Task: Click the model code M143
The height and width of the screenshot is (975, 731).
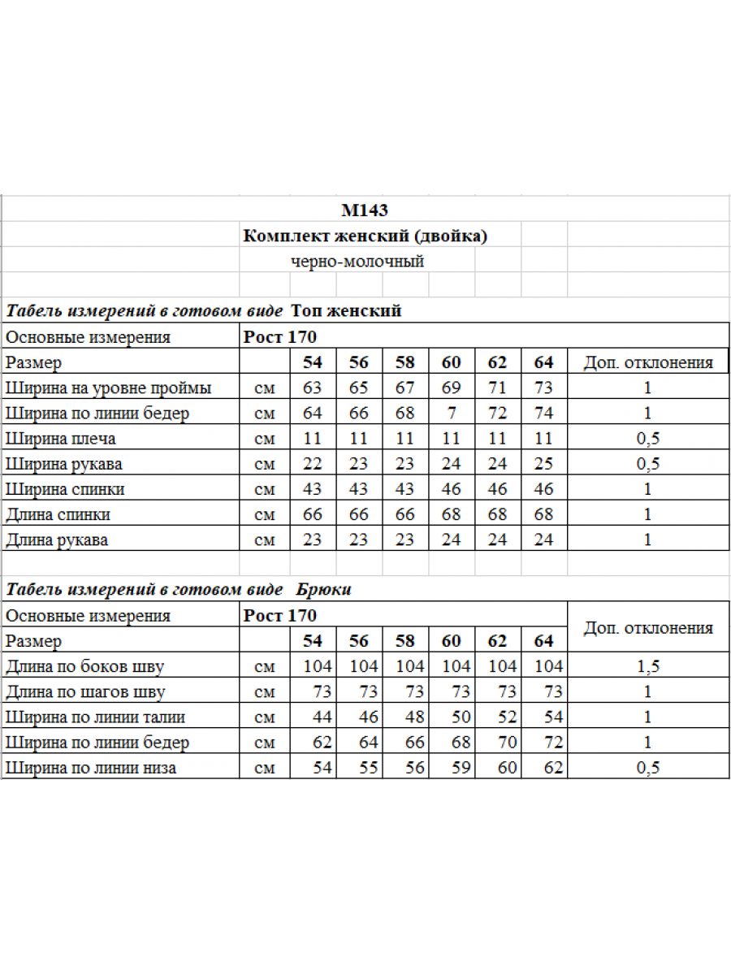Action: (x=365, y=211)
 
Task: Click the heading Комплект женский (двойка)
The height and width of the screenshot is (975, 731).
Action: (x=365, y=236)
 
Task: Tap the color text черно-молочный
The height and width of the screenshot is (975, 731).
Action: (x=357, y=262)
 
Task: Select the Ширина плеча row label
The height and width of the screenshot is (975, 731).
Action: (x=61, y=439)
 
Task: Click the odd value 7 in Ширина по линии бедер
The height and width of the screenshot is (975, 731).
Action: (x=452, y=414)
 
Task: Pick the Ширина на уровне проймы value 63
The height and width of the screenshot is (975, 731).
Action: (x=313, y=388)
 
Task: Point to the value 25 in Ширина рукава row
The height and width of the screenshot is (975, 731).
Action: (x=544, y=464)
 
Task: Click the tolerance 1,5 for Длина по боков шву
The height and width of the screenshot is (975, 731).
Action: (x=647, y=667)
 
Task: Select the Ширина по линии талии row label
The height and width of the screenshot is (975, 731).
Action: (x=95, y=717)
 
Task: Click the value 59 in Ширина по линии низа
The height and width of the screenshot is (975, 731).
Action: (x=461, y=768)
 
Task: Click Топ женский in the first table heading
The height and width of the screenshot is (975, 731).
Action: (x=346, y=311)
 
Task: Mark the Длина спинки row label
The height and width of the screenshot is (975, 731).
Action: (x=58, y=514)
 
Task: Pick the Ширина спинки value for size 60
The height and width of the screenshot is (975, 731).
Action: (x=452, y=489)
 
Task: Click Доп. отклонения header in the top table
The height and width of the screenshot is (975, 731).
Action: (x=647, y=362)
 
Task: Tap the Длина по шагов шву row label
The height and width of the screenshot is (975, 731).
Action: (x=85, y=692)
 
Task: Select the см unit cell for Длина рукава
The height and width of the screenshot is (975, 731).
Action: (x=265, y=539)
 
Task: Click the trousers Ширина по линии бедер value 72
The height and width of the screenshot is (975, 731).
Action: (x=554, y=743)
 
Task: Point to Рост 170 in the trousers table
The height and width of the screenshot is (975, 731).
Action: (x=280, y=616)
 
